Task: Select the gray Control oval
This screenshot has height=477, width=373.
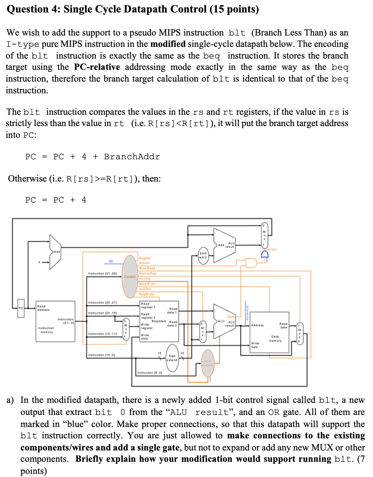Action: (130, 276)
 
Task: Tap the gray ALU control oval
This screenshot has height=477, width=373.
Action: (208, 363)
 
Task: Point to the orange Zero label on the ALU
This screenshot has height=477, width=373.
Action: (231, 317)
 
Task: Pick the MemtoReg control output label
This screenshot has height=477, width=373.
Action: (147, 273)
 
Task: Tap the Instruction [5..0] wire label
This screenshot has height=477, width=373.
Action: (149, 373)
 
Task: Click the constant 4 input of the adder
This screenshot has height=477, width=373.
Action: (39, 262)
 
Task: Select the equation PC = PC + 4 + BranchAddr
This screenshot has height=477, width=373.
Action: (92, 157)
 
